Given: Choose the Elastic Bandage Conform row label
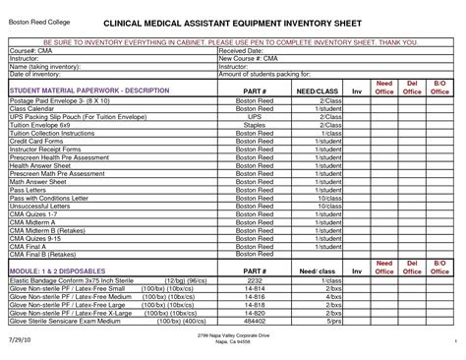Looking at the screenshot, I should (x=59, y=281).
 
